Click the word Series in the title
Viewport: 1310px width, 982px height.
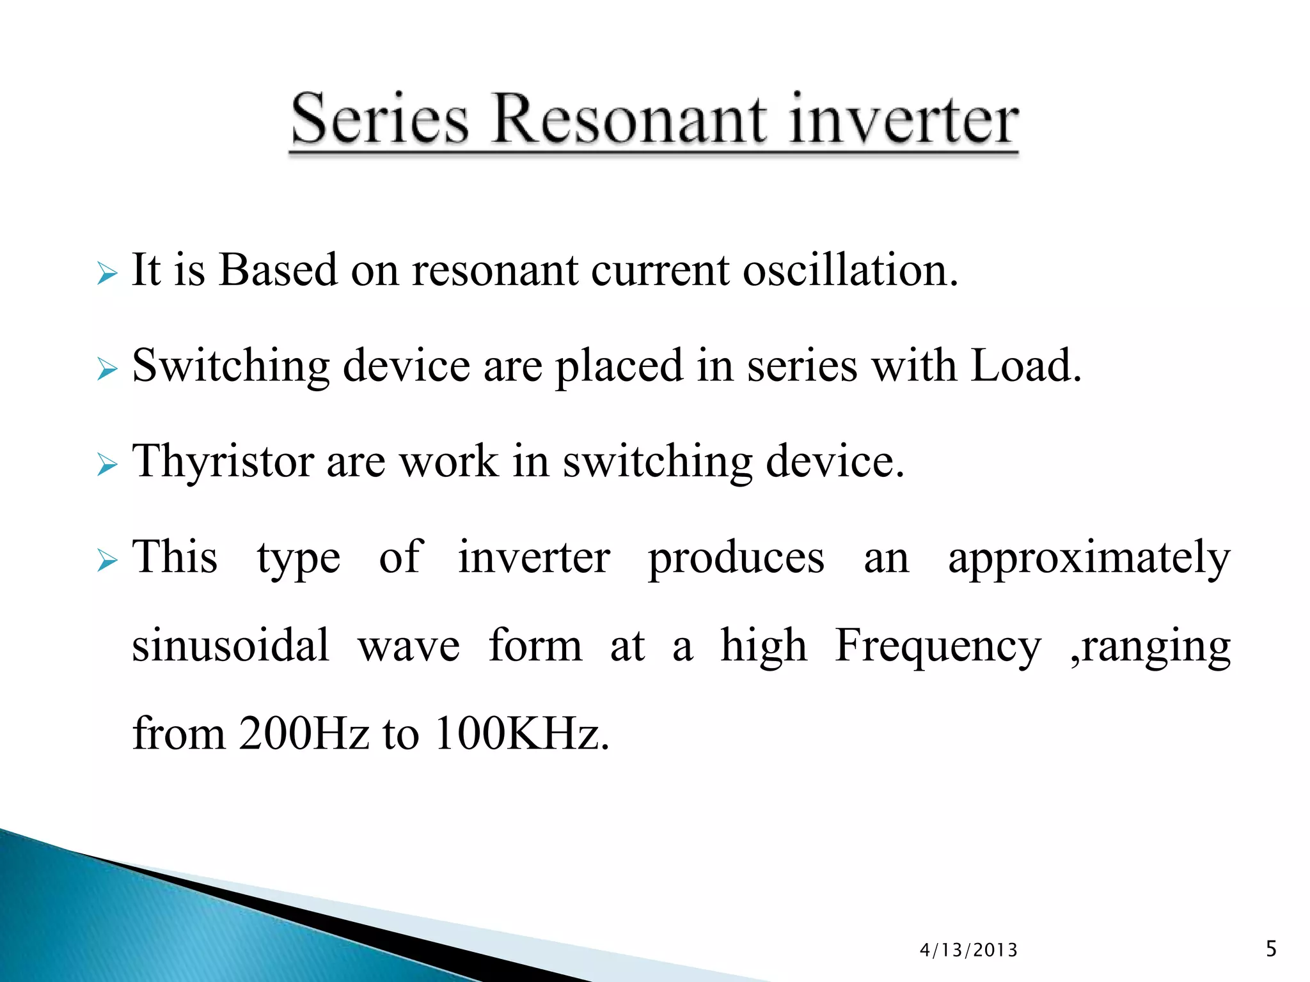[x=380, y=120]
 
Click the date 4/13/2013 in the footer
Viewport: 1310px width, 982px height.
[x=968, y=950]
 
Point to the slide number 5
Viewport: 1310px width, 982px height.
[x=1271, y=949]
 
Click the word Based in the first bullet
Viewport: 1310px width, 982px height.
[x=278, y=270]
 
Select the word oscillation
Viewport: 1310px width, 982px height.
[x=850, y=270]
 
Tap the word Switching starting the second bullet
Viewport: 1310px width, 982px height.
[x=231, y=367]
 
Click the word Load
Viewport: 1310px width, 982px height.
[x=1025, y=366]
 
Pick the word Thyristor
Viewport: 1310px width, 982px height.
[x=223, y=462]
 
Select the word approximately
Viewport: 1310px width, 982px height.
[x=1089, y=559]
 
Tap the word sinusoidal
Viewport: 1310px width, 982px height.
[x=231, y=645]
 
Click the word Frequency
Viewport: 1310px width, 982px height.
[x=938, y=646]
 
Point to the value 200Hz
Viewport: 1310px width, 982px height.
[x=304, y=733]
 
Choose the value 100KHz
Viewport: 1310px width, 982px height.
[x=521, y=733]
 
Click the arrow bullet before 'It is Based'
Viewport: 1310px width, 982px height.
[x=107, y=274]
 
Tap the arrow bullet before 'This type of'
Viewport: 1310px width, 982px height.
[x=107, y=562]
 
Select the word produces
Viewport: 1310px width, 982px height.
[x=736, y=559]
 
